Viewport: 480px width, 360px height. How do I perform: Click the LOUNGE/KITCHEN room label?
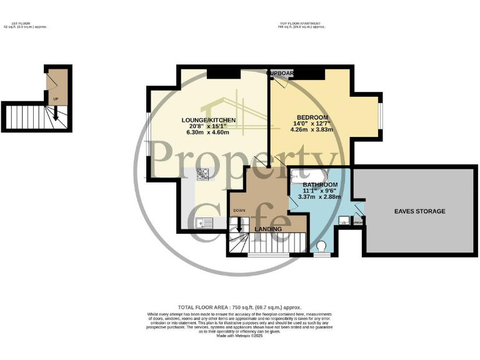tap(208, 119)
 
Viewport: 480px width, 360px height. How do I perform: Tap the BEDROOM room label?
tap(312, 117)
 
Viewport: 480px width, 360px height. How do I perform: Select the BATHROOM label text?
tap(320, 185)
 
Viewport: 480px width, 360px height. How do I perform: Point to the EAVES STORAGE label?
tap(419, 211)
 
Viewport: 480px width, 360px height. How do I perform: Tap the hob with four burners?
tap(203, 174)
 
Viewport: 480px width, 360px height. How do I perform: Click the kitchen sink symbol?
tap(204, 222)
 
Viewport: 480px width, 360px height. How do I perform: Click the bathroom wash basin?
tap(344, 221)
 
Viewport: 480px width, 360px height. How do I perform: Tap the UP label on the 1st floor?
tap(56, 99)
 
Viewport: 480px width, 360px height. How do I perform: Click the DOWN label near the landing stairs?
tap(239, 211)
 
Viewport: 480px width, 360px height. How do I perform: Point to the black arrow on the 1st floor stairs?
tap(56, 112)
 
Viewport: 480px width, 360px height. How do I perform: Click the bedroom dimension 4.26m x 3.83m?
tap(312, 130)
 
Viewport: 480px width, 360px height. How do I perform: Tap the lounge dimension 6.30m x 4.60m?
tap(208, 132)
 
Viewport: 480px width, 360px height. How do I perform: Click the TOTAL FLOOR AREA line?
tap(239, 307)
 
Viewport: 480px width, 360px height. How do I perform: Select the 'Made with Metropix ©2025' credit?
tap(239, 337)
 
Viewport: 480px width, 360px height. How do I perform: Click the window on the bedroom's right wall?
tap(381, 117)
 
